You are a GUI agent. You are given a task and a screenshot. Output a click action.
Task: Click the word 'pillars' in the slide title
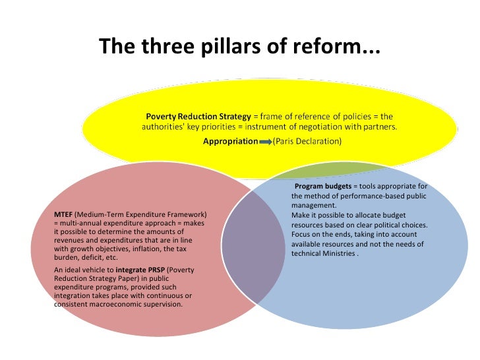tap(222, 47)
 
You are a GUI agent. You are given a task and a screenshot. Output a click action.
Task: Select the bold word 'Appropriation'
tap(230, 141)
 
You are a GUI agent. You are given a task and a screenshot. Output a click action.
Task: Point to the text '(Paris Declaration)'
tap(309, 141)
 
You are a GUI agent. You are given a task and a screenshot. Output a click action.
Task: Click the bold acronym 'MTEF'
tap(64, 215)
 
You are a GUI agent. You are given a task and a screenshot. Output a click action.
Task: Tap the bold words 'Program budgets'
tap(322, 187)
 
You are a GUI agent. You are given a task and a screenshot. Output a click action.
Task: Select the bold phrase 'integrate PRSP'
tap(142, 270)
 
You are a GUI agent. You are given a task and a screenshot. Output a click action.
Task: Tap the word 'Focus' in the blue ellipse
tap(301, 234)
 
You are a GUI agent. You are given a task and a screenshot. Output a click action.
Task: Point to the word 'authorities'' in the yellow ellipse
tap(162, 127)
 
